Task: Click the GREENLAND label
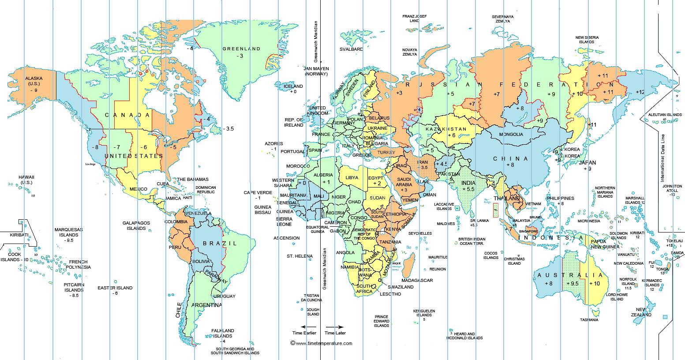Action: point(241,49)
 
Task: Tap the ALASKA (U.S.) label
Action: point(34,81)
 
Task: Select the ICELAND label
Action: point(293,86)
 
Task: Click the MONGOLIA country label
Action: point(511,135)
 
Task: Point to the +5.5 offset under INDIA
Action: point(468,189)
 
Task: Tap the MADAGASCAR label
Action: point(417,281)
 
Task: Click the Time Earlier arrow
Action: point(304,327)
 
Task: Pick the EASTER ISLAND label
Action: point(115,288)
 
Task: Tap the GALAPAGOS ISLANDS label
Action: point(136,226)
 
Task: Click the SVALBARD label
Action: point(351,49)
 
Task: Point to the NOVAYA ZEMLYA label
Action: point(410,52)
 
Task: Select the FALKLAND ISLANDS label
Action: point(223,333)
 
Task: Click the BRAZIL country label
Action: point(220,244)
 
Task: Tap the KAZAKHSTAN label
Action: point(446,129)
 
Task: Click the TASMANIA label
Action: point(589,320)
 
